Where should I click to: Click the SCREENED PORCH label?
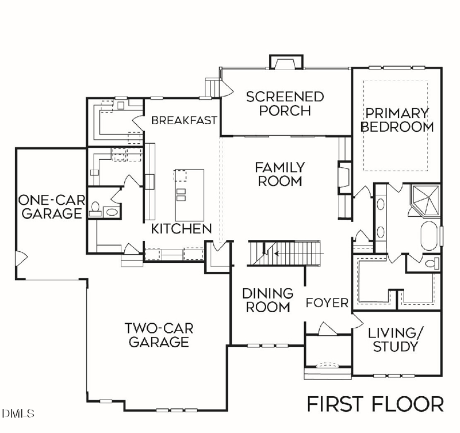click(x=285, y=103)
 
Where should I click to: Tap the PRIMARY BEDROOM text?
click(x=397, y=120)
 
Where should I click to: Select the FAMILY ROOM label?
click(x=279, y=174)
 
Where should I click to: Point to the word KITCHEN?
click(x=181, y=229)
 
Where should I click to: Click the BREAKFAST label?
click(x=184, y=120)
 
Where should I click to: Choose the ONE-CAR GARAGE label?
click(x=49, y=207)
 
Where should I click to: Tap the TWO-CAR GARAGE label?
click(x=159, y=335)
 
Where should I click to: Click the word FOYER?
click(x=327, y=303)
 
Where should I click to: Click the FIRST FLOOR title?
click(x=375, y=404)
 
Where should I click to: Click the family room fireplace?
click(x=343, y=178)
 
